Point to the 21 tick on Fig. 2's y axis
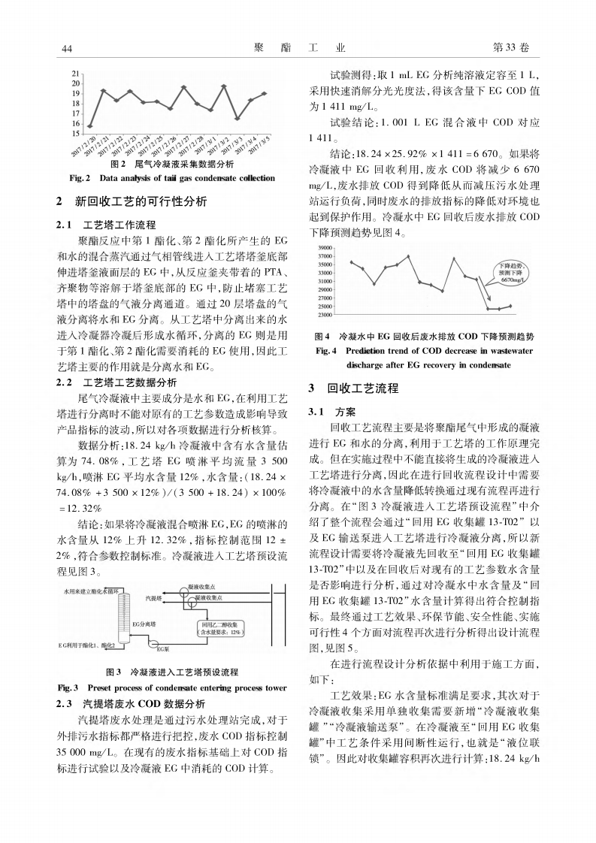click(x=75, y=73)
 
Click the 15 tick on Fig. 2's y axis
click(x=75, y=133)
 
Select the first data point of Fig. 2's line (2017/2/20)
click(x=90, y=126)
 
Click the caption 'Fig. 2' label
click(x=80, y=178)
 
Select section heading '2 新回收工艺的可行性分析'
click(x=131, y=201)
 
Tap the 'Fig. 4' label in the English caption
click(x=327, y=351)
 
